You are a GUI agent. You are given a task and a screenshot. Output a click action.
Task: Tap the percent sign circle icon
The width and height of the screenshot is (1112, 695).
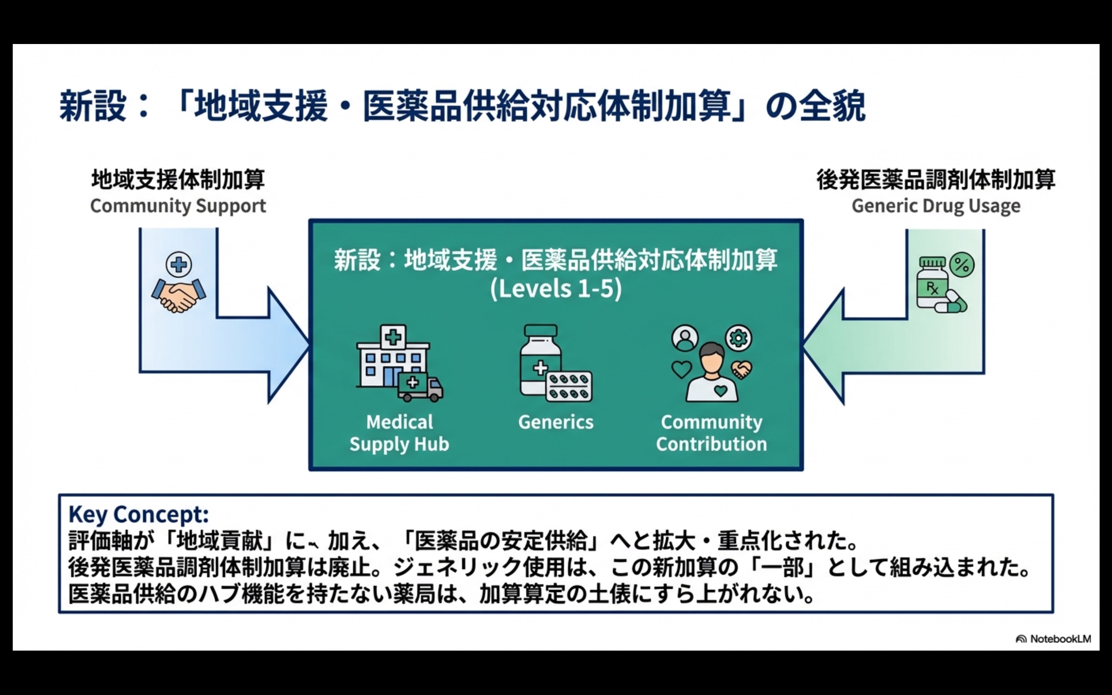point(962,265)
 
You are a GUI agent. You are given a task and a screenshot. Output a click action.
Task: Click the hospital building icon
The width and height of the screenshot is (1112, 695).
point(391,356)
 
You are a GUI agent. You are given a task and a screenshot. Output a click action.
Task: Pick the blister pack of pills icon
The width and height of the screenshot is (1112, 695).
point(569,386)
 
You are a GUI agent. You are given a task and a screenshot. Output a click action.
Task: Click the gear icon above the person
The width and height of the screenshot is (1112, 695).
point(738,338)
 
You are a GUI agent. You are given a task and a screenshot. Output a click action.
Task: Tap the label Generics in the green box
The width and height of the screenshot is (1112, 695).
point(556,422)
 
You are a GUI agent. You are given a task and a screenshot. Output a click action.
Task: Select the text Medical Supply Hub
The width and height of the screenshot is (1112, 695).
point(399,433)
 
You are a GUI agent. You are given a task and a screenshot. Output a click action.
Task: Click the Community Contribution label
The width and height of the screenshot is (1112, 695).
point(711,433)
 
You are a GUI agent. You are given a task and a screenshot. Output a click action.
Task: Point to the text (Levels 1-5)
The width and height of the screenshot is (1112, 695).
point(556,289)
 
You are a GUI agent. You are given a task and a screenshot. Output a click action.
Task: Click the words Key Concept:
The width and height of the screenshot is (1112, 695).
point(139,514)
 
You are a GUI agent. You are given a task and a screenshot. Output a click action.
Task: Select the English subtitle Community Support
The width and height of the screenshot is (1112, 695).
point(178,206)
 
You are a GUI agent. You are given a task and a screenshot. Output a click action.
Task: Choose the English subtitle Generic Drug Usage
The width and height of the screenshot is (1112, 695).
point(936,206)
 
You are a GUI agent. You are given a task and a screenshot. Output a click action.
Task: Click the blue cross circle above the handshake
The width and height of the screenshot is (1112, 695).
point(179,265)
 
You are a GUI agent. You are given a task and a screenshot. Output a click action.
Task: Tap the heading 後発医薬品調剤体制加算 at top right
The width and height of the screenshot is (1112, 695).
point(936,180)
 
